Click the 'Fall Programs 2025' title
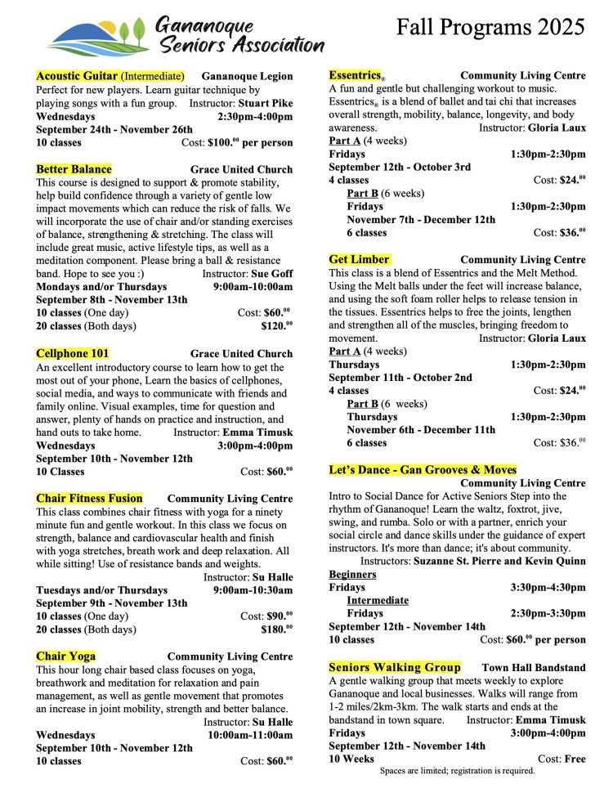click(490, 27)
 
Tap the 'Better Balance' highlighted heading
click(74, 169)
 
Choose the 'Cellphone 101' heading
click(72, 354)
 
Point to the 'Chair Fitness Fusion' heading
click(89, 498)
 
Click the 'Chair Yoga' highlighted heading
click(65, 656)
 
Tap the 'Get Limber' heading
click(359, 259)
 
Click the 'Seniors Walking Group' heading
click(394, 667)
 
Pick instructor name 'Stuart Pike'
click(265, 104)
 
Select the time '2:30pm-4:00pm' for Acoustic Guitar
click(255, 117)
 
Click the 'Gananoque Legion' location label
click(247, 76)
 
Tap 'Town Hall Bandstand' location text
click(534, 668)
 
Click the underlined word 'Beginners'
click(352, 574)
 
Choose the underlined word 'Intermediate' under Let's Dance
click(377, 600)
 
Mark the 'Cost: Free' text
click(562, 759)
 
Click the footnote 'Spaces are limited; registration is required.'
click(457, 770)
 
